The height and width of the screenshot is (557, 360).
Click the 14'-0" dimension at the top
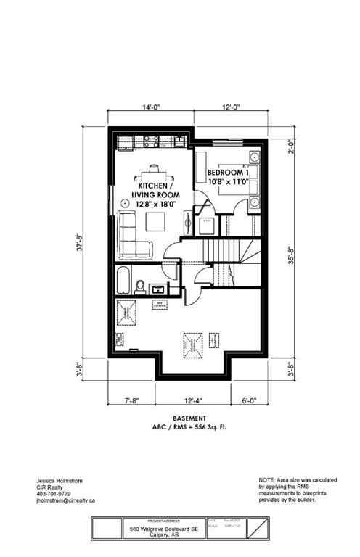(x=151, y=107)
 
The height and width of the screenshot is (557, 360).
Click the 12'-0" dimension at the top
(x=232, y=107)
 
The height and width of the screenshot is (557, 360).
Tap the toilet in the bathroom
(x=142, y=285)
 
